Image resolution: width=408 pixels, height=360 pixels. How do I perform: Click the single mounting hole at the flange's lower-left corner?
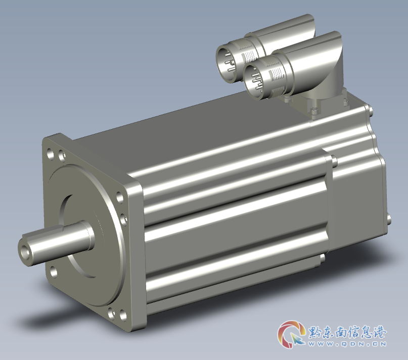[54, 272]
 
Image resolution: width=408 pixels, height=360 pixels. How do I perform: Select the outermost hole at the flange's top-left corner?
[50, 154]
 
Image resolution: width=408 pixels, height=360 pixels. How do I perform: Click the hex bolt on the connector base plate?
[313, 111]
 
